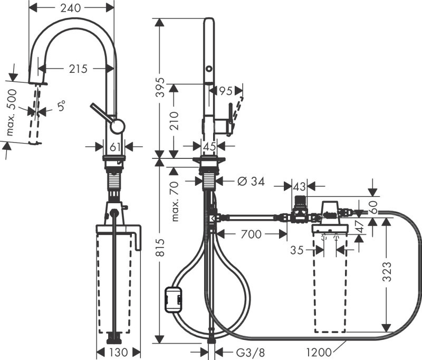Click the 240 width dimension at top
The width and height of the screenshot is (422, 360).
(x=71, y=8)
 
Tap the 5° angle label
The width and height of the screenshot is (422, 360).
(x=62, y=106)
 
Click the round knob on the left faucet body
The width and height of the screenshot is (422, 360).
(x=117, y=126)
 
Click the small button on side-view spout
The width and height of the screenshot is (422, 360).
(x=209, y=69)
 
